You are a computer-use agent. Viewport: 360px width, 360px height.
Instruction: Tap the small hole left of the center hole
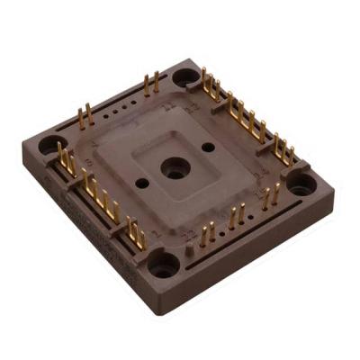point(142,183)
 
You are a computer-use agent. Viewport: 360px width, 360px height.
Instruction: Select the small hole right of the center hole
point(208,147)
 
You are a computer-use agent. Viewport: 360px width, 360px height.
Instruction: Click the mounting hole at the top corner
point(186,76)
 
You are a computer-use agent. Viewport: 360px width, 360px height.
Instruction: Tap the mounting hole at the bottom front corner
point(164,265)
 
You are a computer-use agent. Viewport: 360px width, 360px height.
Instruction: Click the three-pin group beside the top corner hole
point(211,86)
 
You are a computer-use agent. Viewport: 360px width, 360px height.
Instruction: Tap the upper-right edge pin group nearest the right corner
point(282,147)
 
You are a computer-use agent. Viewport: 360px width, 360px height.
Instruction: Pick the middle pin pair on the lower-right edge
point(236,217)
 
